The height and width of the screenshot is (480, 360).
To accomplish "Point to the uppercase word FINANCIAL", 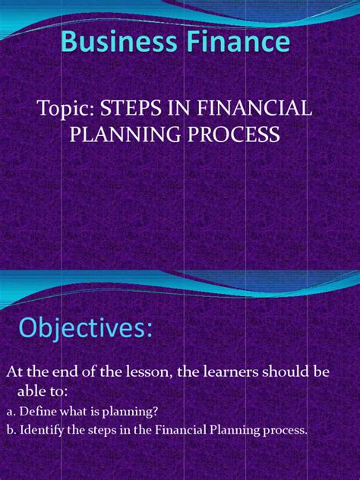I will tap(254, 109).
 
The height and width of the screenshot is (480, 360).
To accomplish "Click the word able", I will tap(36, 391).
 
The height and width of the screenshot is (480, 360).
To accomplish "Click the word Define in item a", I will tap(39, 411).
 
